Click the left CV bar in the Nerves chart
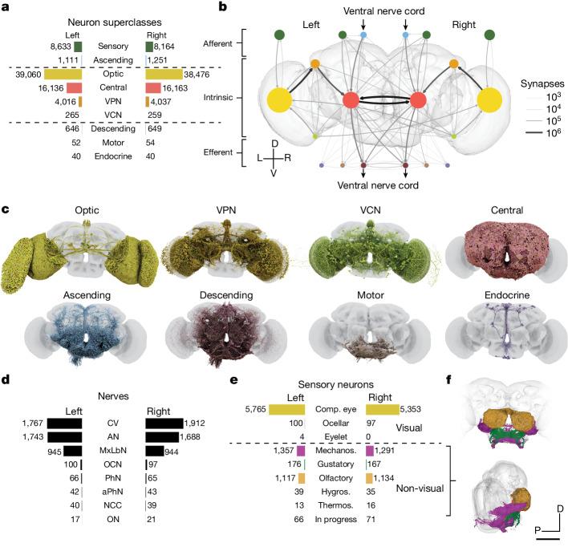point(71,423)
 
